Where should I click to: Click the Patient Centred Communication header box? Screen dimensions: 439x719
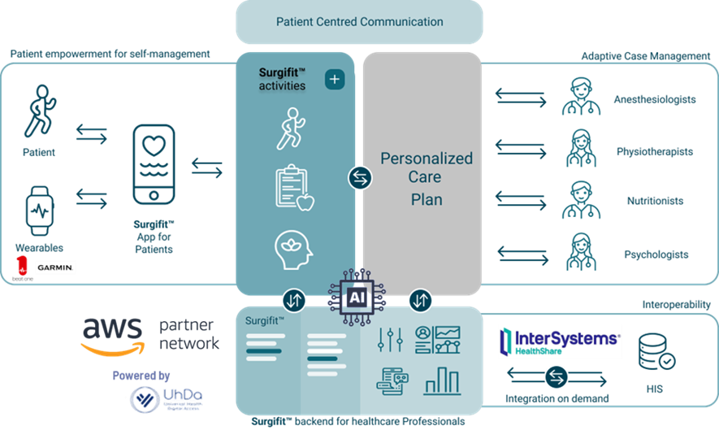(359, 22)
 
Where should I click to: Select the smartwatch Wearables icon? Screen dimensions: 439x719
(38, 210)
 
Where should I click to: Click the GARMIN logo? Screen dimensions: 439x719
(54, 267)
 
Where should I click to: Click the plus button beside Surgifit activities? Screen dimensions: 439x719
(334, 80)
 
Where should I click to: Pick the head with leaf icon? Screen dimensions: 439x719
(293, 250)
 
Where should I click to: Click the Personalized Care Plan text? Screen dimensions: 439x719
(427, 177)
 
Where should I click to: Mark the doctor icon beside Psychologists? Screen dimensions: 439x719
(583, 251)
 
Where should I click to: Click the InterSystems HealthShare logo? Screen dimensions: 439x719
(559, 342)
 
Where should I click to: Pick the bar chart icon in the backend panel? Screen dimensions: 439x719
(441, 380)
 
